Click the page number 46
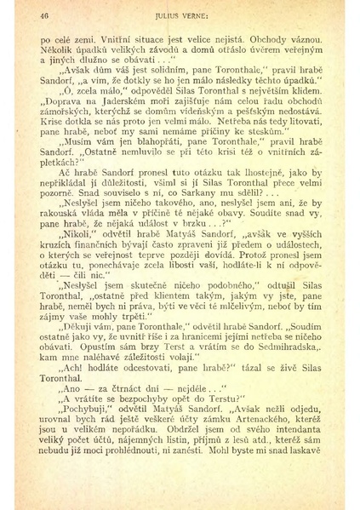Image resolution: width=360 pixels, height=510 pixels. click(44, 14)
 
